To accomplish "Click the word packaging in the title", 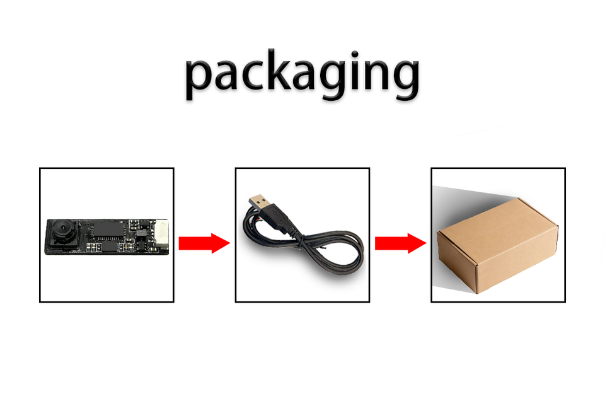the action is click(x=302, y=76).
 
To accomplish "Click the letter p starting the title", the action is click(x=200, y=79).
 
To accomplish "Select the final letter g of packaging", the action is click(x=403, y=81).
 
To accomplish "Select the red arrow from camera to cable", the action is click(x=204, y=243).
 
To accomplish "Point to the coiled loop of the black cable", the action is click(x=328, y=252).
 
